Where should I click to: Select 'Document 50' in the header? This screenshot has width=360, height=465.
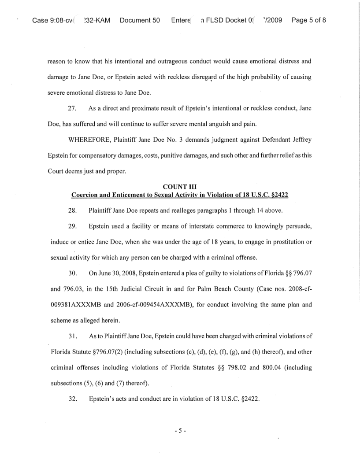[139, 21]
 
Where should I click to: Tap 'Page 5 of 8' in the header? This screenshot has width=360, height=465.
[308, 21]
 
